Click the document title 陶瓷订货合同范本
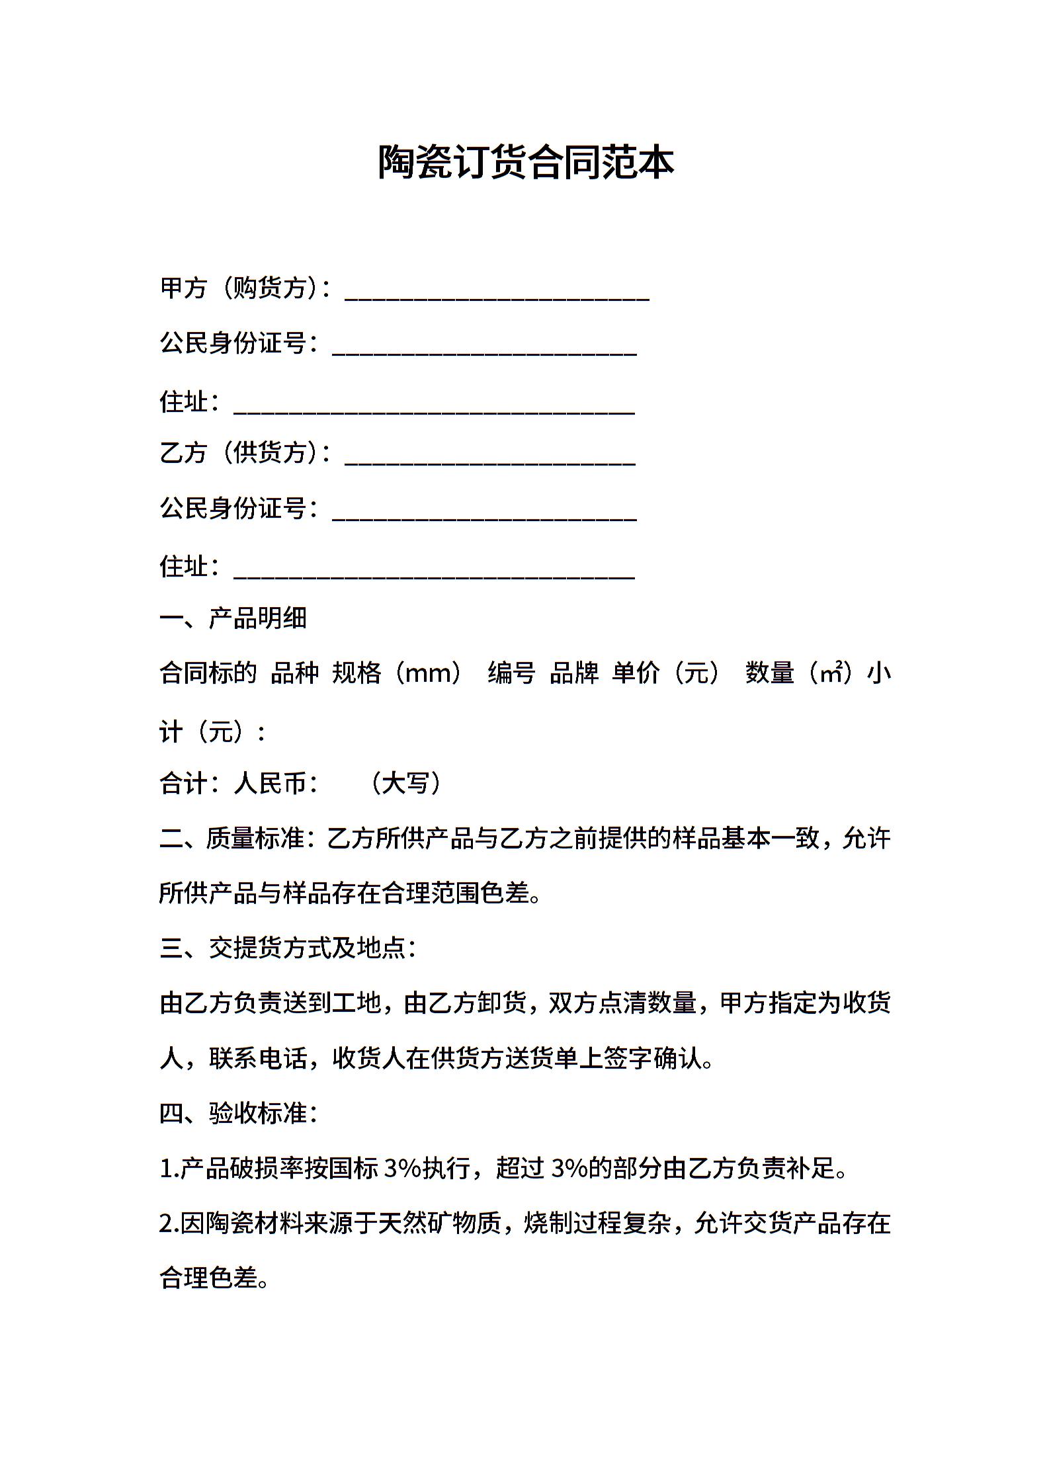(x=525, y=163)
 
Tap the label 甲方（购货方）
(x=241, y=288)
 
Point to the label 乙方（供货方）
(x=241, y=453)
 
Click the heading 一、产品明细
(x=233, y=618)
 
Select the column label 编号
(x=511, y=673)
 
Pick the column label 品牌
(x=573, y=673)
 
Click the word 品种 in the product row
(x=295, y=673)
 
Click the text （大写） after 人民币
(x=405, y=784)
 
